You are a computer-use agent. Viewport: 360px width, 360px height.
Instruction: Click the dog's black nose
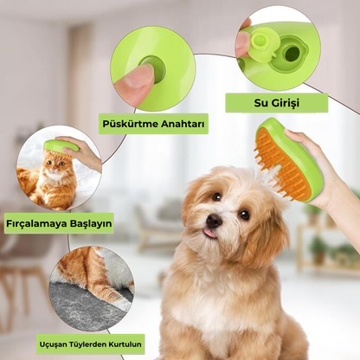[x=214, y=221]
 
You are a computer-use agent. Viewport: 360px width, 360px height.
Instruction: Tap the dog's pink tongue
[x=210, y=233]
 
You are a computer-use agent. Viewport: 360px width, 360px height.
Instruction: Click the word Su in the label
[x=260, y=103]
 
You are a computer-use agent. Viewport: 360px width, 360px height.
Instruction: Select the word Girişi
[x=285, y=103]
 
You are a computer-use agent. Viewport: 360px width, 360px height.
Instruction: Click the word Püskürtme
[x=130, y=124]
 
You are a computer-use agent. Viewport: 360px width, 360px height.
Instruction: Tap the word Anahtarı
[x=183, y=124]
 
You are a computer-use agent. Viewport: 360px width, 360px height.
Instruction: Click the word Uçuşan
[x=54, y=344]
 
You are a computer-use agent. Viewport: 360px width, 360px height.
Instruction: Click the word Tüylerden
[x=88, y=344]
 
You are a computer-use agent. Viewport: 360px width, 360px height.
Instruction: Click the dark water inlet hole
[x=292, y=54]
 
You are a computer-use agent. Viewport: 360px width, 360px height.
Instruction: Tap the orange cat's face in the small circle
[x=56, y=166]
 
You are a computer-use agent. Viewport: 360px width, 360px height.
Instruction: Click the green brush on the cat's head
[x=61, y=146]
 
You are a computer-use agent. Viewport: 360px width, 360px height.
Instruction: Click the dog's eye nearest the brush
[x=244, y=215]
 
